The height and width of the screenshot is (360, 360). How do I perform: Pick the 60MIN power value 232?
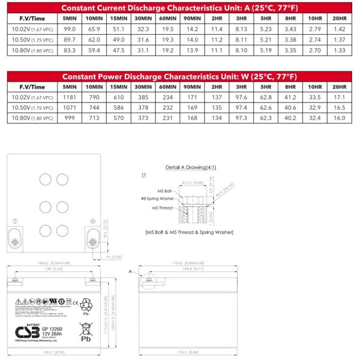point(166,107)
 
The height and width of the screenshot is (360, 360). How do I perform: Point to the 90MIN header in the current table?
point(192,18)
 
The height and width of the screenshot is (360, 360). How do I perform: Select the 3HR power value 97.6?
point(241,97)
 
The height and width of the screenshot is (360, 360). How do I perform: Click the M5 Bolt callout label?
point(165,190)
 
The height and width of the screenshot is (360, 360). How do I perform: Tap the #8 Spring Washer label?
point(159,199)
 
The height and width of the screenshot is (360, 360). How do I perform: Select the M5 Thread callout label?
point(163,208)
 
